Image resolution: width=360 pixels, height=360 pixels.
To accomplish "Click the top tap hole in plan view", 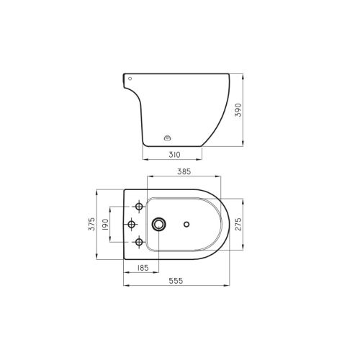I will pyautogui.click(x=130, y=208).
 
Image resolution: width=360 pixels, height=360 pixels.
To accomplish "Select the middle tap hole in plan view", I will pyautogui.click(x=130, y=225).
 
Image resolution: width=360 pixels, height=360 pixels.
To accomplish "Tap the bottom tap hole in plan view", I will pyautogui.click(x=130, y=242).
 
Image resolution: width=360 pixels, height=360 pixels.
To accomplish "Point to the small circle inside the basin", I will pyautogui.click(x=187, y=225).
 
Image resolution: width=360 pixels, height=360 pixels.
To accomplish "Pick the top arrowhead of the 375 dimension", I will pyautogui.click(x=98, y=192).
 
